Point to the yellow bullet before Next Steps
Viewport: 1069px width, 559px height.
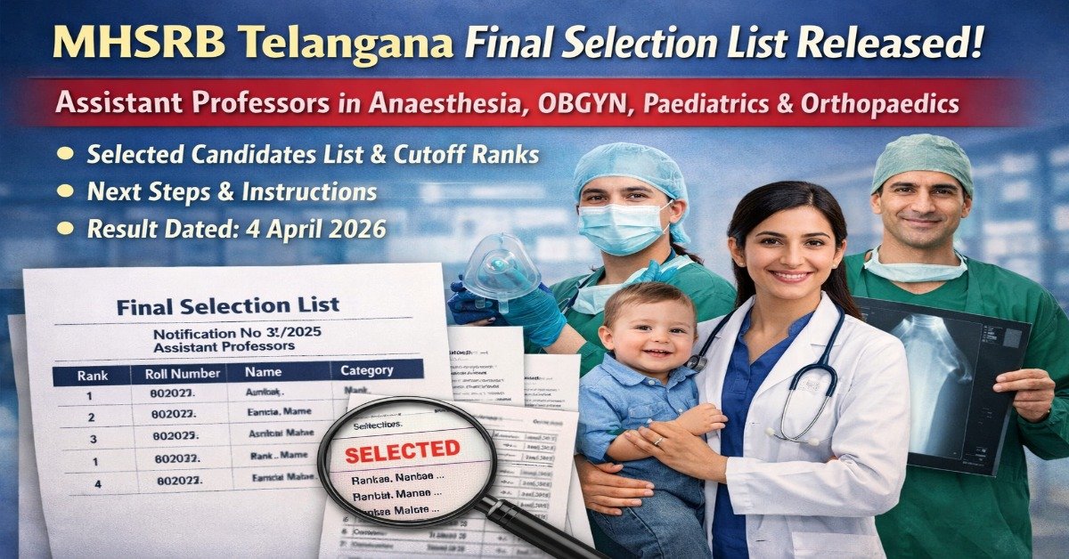tap(64, 191)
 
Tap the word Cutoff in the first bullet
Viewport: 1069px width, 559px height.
tap(427, 155)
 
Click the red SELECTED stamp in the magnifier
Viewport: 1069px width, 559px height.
tap(402, 451)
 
